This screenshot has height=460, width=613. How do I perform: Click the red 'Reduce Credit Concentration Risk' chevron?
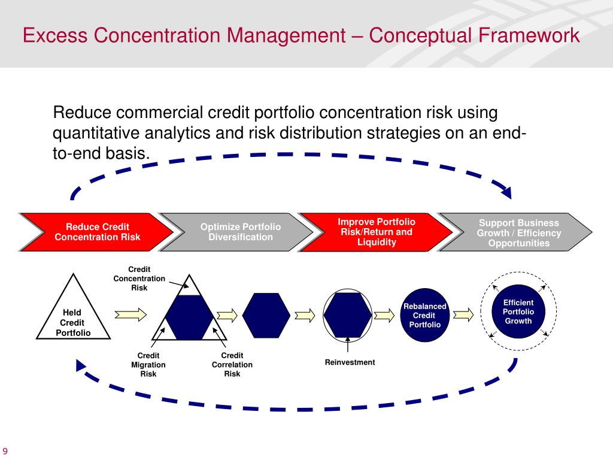click(97, 232)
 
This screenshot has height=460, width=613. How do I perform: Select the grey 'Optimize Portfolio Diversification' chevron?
click(240, 232)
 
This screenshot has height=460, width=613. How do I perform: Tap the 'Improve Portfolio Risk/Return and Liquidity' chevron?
click(376, 232)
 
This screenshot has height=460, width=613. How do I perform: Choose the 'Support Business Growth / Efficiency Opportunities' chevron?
click(518, 232)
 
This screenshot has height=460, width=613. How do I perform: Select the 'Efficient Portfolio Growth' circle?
click(518, 312)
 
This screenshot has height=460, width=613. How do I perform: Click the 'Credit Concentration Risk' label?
click(139, 279)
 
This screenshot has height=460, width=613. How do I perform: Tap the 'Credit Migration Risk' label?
click(148, 365)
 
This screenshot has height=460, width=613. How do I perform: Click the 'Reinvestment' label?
click(350, 362)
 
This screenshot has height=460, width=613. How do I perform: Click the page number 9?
click(5, 451)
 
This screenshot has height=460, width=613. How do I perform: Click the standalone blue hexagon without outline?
click(266, 314)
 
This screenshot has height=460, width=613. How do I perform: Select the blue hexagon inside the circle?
click(347, 314)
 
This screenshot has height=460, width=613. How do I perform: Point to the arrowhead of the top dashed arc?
click(506, 192)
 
